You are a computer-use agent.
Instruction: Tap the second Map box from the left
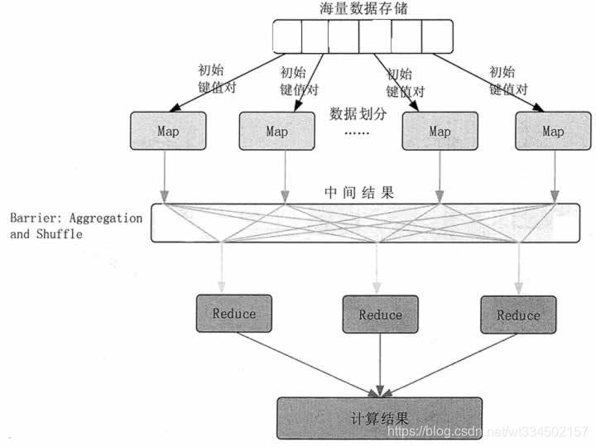pos(276,131)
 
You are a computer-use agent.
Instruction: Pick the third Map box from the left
pos(440,131)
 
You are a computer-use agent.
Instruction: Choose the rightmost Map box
pos(552,131)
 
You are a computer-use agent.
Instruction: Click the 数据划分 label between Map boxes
pos(358,113)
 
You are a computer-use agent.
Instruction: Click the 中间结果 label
pos(358,193)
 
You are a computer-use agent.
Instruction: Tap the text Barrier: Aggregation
pos(76,218)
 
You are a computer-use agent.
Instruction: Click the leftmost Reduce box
pos(233,314)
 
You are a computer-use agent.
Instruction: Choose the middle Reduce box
pos(380,315)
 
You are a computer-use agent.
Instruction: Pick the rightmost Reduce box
pos(518,315)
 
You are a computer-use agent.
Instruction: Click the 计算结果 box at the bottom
pos(380,417)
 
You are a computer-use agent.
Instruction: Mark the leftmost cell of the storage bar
pos(286,35)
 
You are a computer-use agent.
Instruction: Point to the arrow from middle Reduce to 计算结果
pos(380,364)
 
